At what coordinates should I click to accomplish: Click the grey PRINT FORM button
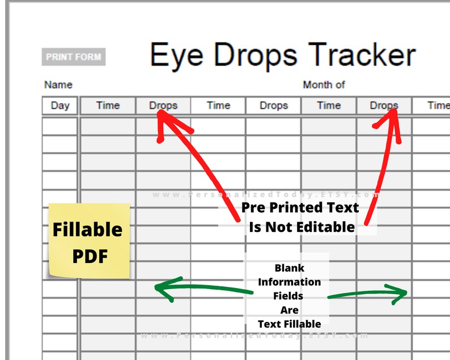point(74,57)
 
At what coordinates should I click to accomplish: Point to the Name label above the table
point(58,85)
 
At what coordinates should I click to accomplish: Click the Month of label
point(324,85)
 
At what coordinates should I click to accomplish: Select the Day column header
point(60,105)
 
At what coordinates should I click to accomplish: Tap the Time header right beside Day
point(108,105)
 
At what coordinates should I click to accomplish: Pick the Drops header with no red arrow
point(274,105)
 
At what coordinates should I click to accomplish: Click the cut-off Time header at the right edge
point(438,105)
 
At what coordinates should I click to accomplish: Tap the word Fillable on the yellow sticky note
point(87,230)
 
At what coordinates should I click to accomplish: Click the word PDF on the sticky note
point(90,256)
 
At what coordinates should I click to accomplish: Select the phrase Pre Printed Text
point(300,208)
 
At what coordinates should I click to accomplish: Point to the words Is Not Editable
point(302,227)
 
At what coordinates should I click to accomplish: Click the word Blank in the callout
point(289,268)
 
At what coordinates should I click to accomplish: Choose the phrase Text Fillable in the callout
point(289,324)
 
